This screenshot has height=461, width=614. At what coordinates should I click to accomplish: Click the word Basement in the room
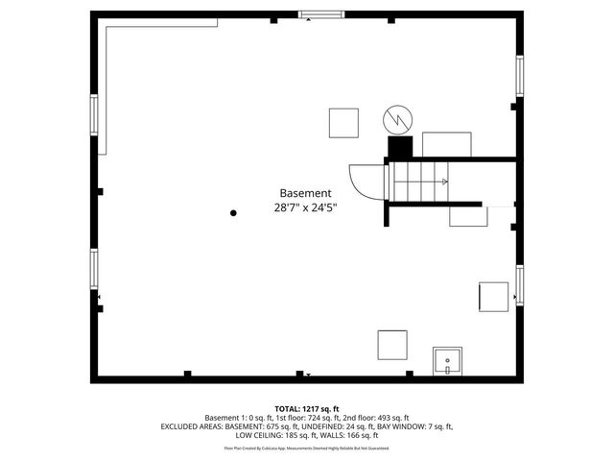pyautogui.click(x=306, y=192)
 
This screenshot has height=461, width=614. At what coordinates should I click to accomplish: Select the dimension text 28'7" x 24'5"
pyautogui.click(x=306, y=207)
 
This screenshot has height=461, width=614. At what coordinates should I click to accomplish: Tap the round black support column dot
pyautogui.click(x=233, y=213)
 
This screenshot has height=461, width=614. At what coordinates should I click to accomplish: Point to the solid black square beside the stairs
pyautogui.click(x=400, y=147)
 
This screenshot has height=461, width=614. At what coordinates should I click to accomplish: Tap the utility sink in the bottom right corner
pyautogui.click(x=448, y=362)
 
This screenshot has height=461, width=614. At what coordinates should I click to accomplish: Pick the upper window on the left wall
pyautogui.click(x=93, y=115)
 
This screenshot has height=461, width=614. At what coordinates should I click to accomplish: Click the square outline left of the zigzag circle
pyautogui.click(x=343, y=123)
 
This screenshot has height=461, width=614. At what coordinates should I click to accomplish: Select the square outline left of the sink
pyautogui.click(x=392, y=344)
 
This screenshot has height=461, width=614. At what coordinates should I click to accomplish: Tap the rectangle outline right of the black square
pyautogui.click(x=447, y=144)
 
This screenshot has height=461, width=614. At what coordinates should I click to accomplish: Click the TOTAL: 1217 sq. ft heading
pyautogui.click(x=306, y=408)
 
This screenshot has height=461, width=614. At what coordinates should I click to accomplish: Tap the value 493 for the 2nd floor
pyautogui.click(x=381, y=418)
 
